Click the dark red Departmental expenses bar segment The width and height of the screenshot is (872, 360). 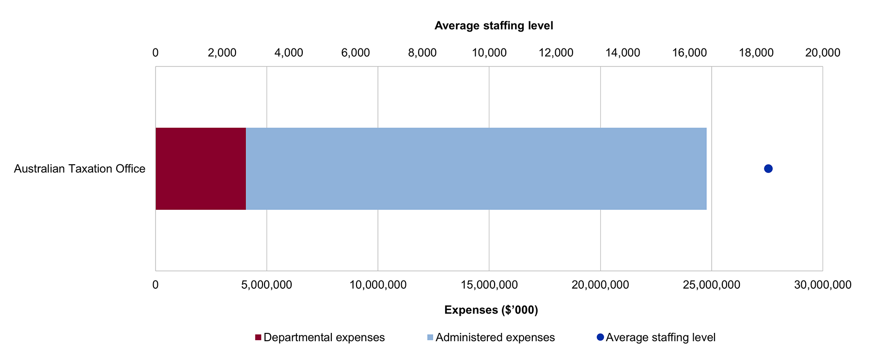pos(201,169)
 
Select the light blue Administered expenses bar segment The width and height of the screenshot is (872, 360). pos(476,169)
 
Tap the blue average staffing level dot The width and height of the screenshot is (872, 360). pos(768,169)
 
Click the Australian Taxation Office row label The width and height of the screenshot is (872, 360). pos(79,169)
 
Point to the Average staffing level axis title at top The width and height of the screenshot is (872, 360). pos(494,26)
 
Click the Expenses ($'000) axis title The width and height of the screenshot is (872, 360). pos(491,310)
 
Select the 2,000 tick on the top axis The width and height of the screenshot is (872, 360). pos(222,53)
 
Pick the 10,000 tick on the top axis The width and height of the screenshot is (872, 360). pos(489,53)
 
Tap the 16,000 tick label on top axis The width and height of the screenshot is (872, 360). pos(689,53)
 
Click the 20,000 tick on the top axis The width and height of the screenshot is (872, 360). pos(823,53)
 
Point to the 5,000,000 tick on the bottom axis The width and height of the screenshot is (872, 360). pos(266,285)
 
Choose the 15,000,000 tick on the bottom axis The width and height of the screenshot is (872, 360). pos(489,285)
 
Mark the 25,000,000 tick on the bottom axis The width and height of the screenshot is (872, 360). pos(711,285)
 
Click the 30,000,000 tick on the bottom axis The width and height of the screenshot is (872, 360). pos(823,285)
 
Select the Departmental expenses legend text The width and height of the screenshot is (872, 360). pos(324,337)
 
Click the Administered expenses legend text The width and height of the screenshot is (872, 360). pos(495,337)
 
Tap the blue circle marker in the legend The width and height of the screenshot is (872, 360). pos(600,337)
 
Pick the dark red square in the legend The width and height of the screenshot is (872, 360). pos(258,337)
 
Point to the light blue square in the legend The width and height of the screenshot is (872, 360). pos(430,337)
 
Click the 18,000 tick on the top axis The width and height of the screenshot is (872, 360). pos(756,53)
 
